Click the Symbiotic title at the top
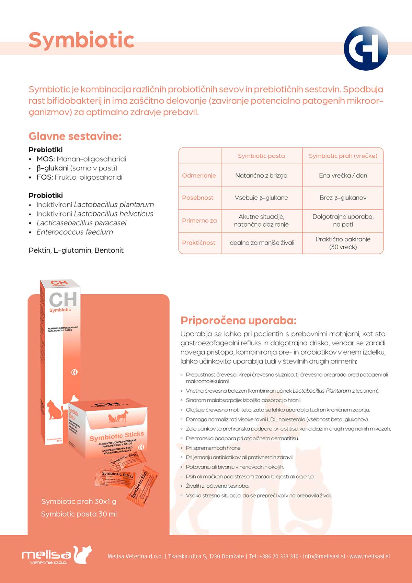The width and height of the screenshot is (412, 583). coord(81,40)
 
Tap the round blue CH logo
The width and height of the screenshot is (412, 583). coord(366,48)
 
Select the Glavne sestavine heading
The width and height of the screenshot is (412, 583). coord(75,136)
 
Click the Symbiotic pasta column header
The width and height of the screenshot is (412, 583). coord(261,156)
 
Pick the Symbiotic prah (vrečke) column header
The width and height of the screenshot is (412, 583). coord(343,156)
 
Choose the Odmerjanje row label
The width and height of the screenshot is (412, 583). coord(199,176)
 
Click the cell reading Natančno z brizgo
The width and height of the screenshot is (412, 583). coord(261,176)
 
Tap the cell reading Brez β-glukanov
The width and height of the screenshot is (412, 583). coord(343,198)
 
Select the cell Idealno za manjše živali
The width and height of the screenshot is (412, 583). coord(261,243)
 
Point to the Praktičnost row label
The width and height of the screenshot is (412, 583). coord(198,243)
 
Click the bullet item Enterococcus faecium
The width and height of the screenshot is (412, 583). coord(75,232)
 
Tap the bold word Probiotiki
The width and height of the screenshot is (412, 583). coord(46,195)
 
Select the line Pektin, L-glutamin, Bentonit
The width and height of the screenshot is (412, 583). coord(76,250)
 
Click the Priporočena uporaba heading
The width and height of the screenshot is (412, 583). coord(238,321)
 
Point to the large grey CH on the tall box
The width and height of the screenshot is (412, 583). coord(63,299)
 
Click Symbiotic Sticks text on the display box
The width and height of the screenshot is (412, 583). coord(116,436)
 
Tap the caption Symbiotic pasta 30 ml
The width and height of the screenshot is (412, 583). coord(79,514)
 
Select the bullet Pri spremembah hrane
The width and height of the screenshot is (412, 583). coord(214,448)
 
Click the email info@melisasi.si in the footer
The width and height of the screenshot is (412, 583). coord(324,556)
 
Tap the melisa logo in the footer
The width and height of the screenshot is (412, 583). coord(57,555)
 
